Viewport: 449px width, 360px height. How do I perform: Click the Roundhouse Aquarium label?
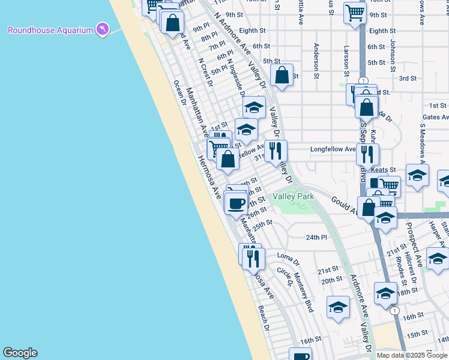click(x=50, y=30)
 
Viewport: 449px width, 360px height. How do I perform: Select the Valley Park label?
click(x=293, y=196)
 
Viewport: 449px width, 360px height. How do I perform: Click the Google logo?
click(x=20, y=353)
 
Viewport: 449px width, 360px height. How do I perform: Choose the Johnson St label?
click(x=393, y=56)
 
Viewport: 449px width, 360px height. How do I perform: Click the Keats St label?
click(x=384, y=170)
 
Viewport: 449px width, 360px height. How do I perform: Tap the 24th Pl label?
click(x=316, y=238)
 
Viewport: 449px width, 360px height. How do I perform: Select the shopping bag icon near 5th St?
click(x=282, y=75)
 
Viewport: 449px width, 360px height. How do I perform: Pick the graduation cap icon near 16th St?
click(x=339, y=307)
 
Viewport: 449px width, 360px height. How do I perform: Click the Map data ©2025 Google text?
click(x=412, y=355)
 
